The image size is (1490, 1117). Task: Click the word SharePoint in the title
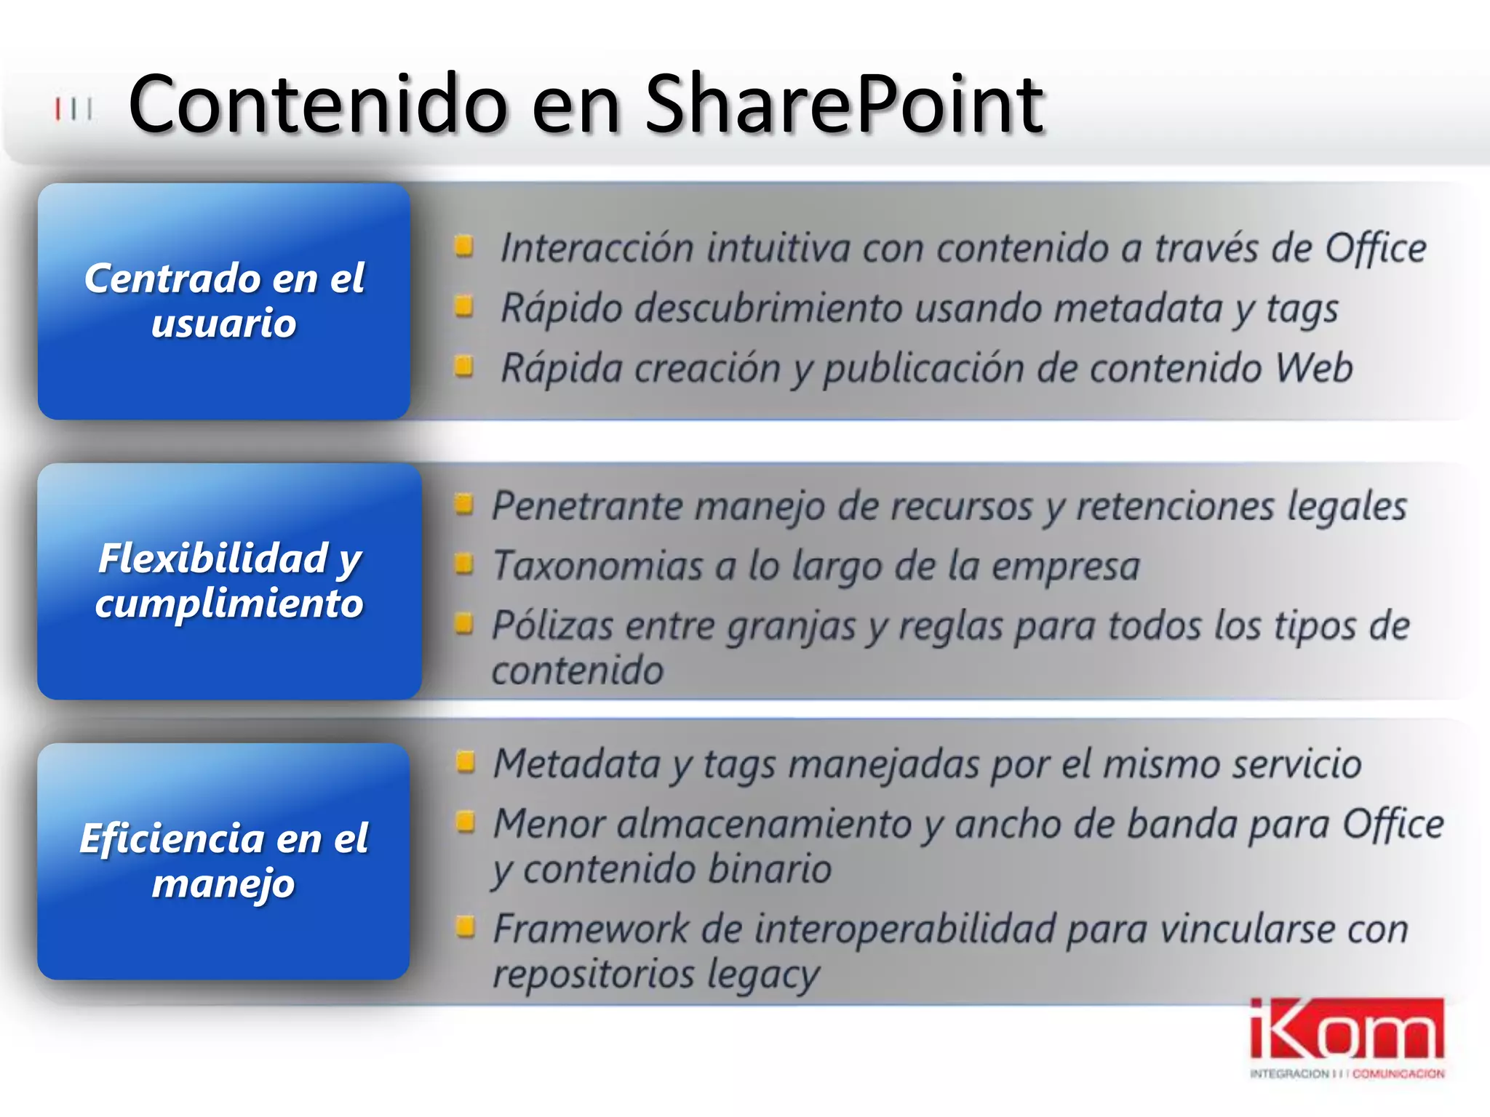point(844,105)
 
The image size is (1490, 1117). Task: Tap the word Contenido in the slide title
point(317,105)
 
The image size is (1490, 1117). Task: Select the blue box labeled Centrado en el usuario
point(224,301)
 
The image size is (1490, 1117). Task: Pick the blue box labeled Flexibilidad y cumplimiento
point(229,581)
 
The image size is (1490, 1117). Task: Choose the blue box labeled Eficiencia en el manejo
point(223,861)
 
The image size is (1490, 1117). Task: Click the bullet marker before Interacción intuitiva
point(464,246)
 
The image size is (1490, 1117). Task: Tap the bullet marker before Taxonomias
point(464,562)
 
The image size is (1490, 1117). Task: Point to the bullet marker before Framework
point(465,926)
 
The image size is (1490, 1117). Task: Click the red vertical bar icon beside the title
point(57,109)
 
